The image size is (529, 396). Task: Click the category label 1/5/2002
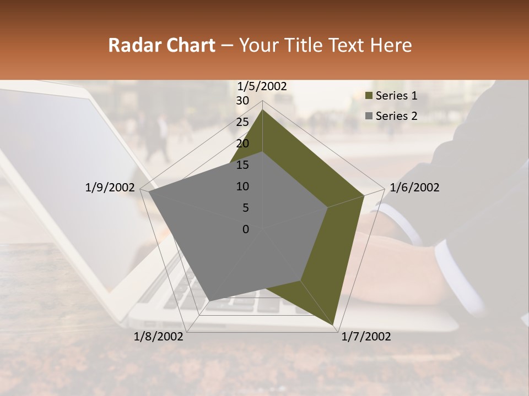tap(262, 86)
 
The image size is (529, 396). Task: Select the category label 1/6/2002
tap(414, 188)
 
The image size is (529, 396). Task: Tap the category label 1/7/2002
tap(366, 337)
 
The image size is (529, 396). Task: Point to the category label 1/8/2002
tap(159, 337)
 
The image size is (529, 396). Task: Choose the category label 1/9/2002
tap(110, 188)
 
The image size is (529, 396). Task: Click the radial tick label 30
tap(242, 101)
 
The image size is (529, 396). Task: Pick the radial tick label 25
tap(242, 122)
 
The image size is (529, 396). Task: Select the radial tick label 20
tap(242, 144)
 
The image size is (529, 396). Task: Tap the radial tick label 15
tap(242, 165)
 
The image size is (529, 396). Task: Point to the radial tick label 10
tap(242, 186)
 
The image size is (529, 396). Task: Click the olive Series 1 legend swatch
tap(369, 96)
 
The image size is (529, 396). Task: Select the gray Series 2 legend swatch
tap(369, 116)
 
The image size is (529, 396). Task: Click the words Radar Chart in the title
tap(161, 45)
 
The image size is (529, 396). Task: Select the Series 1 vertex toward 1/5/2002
tap(262, 109)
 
